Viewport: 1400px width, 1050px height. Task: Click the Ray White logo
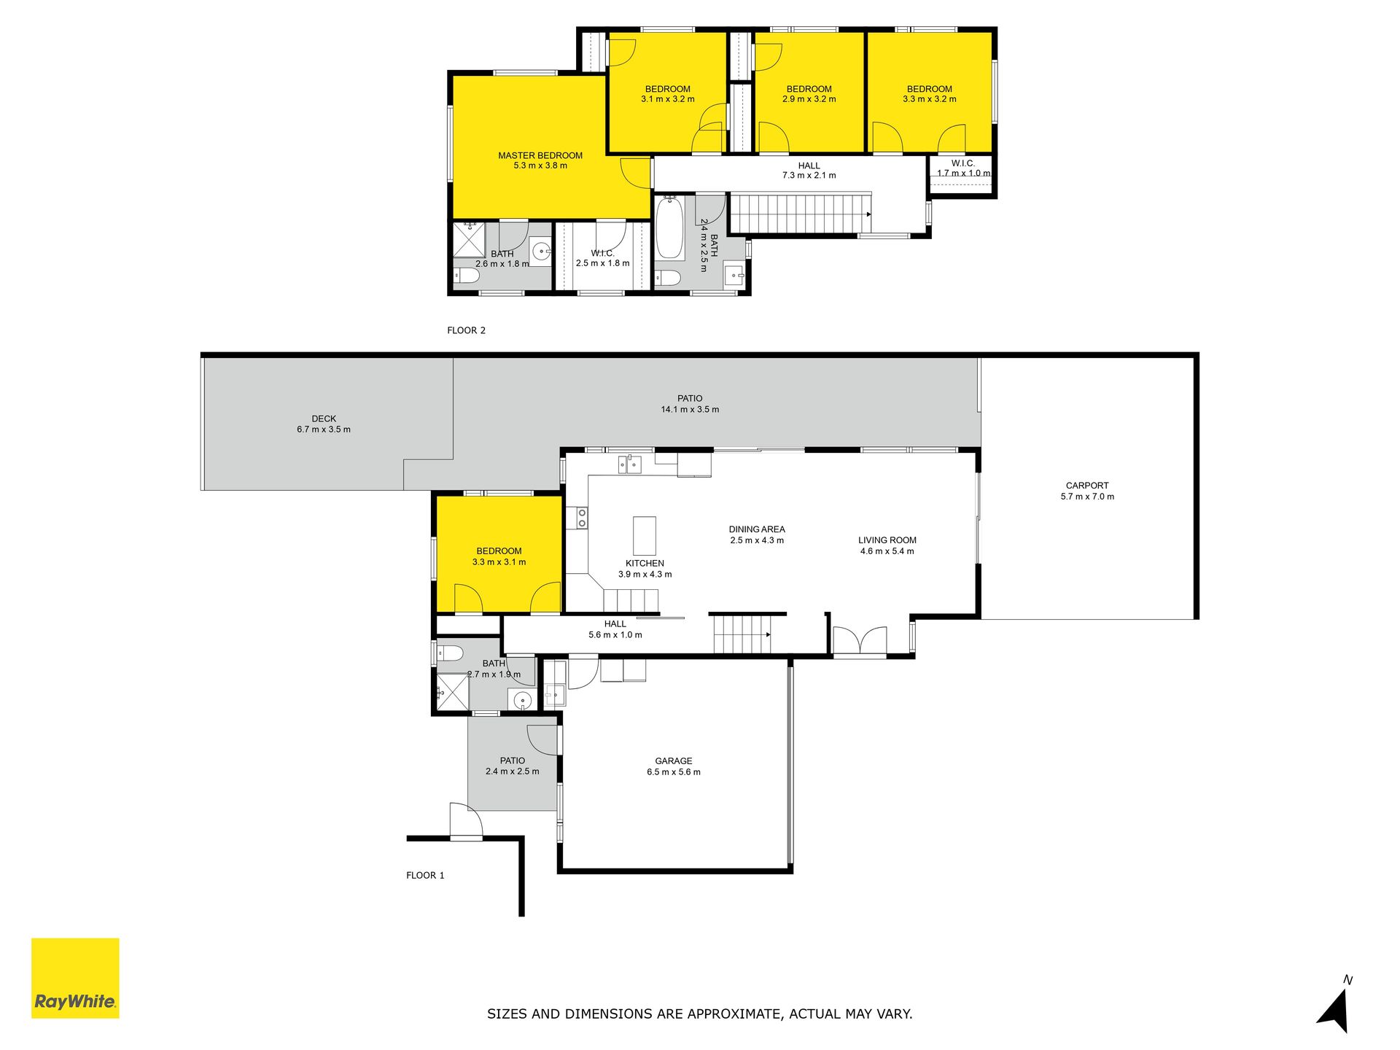(75, 978)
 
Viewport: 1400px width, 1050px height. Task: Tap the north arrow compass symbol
(1335, 1009)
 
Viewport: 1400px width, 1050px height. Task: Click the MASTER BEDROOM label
(540, 155)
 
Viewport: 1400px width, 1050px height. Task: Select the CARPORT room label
(1087, 486)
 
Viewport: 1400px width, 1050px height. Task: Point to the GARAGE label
(674, 761)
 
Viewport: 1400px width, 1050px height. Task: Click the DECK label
(324, 419)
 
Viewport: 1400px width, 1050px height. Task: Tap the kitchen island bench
(644, 536)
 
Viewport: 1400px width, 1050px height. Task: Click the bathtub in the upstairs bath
(669, 227)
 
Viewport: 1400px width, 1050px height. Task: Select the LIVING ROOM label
(887, 540)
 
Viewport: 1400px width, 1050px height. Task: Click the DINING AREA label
(757, 529)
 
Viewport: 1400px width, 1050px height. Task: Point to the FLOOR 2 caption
(466, 330)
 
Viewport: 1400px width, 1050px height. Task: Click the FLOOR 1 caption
(425, 875)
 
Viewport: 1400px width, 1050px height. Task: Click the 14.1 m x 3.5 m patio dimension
(690, 410)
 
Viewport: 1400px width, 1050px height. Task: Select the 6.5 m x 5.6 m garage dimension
(674, 772)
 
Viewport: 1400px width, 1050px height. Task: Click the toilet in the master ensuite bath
(466, 276)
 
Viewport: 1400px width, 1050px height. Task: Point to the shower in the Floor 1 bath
(453, 691)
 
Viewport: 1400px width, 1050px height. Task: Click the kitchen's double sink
(630, 464)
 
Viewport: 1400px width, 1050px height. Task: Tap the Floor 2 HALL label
(809, 166)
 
